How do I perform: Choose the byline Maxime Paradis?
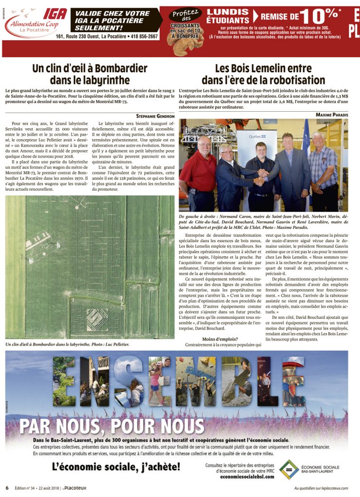[x=330, y=115]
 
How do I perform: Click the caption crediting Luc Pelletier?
[x=68, y=344]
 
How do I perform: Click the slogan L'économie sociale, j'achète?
[x=116, y=467]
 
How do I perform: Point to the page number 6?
[x=7, y=488]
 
